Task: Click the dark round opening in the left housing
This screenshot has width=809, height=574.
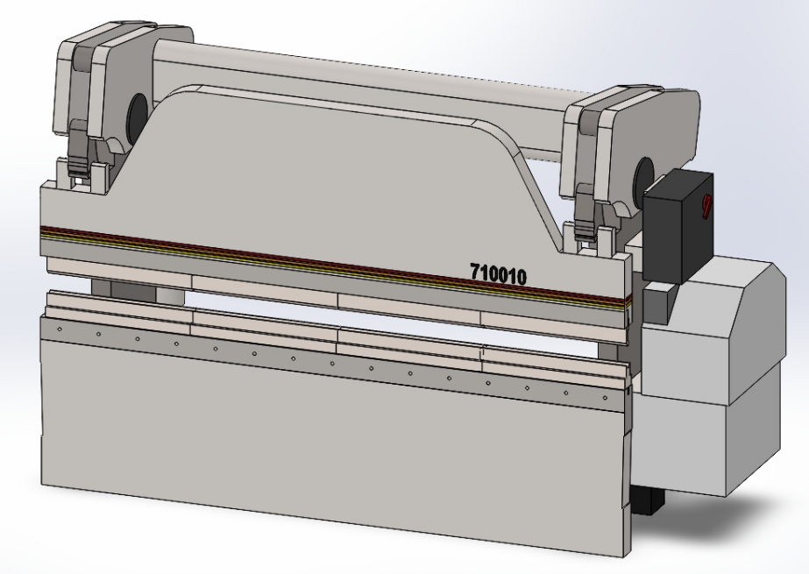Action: click(138, 112)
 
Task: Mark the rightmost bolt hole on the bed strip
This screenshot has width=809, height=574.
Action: click(604, 398)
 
